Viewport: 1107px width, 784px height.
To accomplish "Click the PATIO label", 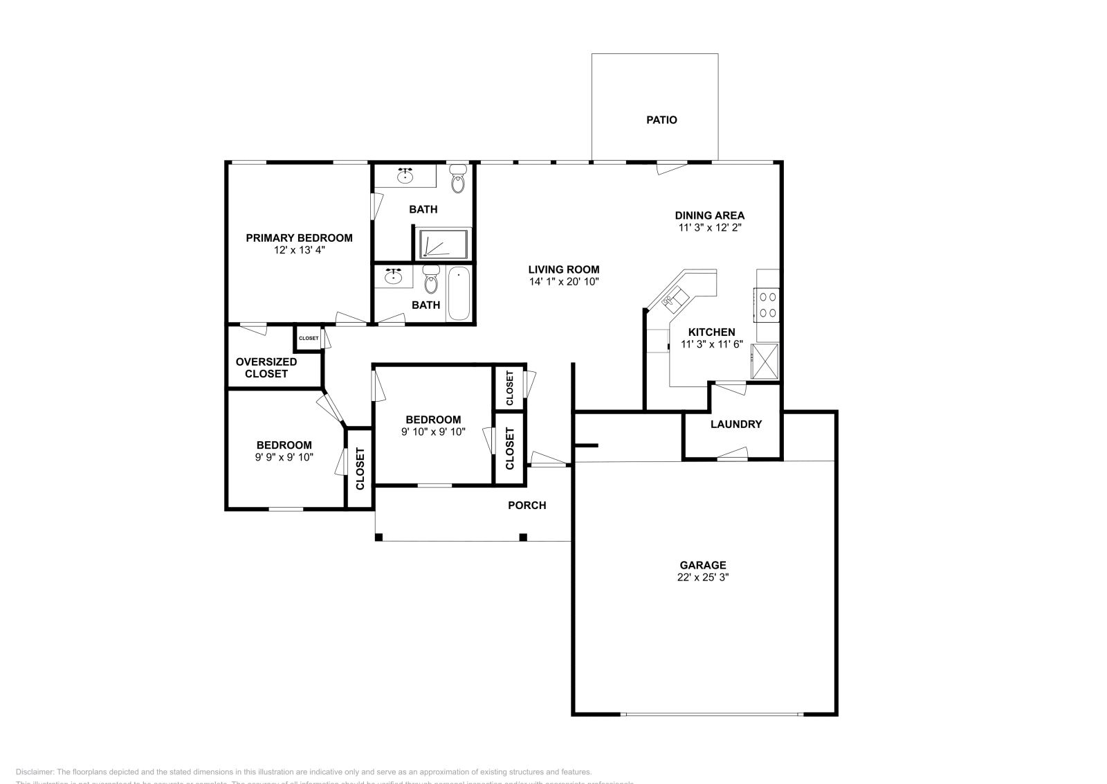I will (x=661, y=120).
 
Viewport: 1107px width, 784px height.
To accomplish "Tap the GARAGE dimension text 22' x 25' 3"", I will (x=702, y=577).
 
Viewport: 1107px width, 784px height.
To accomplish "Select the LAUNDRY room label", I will (x=735, y=424).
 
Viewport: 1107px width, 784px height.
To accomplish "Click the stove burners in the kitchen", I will (x=767, y=304).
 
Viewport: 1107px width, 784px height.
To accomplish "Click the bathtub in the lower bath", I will (x=459, y=294).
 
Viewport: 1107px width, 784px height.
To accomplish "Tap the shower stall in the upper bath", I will (x=443, y=244).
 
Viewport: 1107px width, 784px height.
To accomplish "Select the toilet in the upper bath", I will (x=458, y=179).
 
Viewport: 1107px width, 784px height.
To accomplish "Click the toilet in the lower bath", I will (x=431, y=282).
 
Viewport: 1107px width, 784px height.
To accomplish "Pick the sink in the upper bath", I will (x=405, y=176).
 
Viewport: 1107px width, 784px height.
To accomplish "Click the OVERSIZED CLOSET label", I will (x=266, y=368).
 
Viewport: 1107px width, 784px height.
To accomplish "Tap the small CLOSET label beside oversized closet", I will (x=309, y=338).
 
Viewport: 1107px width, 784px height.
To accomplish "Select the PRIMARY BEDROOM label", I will (x=299, y=238).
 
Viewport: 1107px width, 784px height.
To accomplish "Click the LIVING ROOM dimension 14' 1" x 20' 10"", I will (x=564, y=282).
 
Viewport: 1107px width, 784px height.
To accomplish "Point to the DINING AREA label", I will (x=709, y=215).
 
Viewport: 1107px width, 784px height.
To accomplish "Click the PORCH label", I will (x=527, y=506).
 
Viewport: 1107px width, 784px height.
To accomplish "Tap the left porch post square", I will (x=378, y=537).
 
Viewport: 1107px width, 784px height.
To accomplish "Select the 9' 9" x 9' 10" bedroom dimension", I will (x=284, y=457).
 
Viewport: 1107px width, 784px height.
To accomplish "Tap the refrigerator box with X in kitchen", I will (x=765, y=361).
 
